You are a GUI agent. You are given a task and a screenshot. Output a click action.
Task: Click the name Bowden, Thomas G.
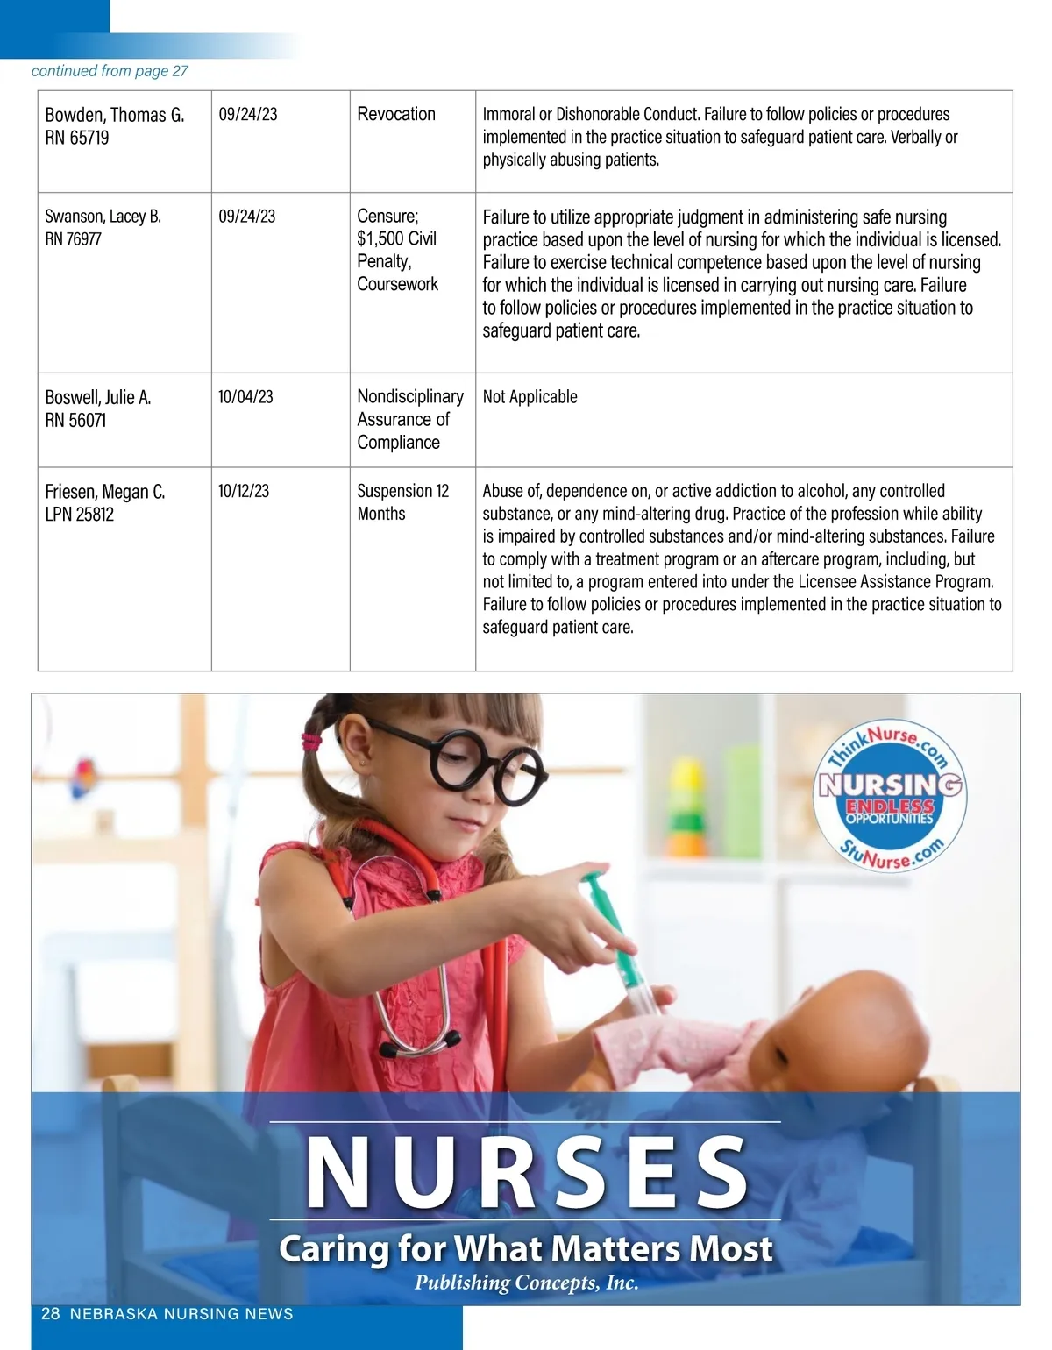click(114, 115)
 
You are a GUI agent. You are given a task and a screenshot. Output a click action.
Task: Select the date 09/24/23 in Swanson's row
click(247, 216)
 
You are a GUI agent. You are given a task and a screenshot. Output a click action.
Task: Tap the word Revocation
click(396, 114)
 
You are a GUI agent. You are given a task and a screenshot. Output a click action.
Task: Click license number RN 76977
click(74, 238)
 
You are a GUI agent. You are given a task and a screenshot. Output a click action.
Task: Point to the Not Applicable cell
click(530, 397)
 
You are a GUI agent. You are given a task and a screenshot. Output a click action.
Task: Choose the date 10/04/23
click(245, 397)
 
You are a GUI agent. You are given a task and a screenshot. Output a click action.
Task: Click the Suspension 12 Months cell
click(402, 502)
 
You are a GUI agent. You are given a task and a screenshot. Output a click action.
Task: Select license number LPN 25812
click(80, 515)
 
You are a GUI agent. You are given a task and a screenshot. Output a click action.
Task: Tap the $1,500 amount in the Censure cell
click(377, 238)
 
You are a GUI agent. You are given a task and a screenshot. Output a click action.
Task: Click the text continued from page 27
click(110, 71)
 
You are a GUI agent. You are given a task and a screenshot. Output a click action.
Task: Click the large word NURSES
click(526, 1173)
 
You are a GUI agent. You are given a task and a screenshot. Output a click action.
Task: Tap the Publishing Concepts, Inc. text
click(526, 1282)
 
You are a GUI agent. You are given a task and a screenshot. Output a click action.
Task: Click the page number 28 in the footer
click(51, 1313)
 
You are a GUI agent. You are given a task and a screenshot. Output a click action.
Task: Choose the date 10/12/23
click(244, 491)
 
